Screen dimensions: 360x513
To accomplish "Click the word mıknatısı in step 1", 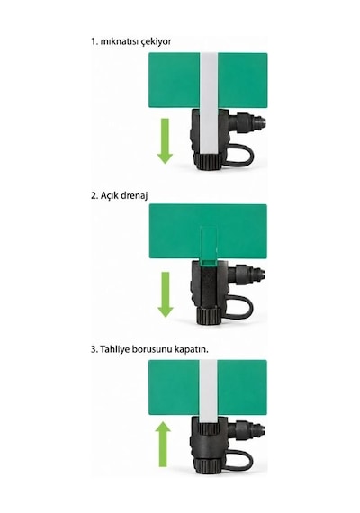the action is click(x=119, y=42).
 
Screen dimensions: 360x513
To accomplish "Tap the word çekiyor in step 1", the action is click(x=156, y=42).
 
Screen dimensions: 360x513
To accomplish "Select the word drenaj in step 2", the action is click(x=134, y=196).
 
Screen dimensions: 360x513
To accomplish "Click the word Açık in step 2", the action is click(x=109, y=196).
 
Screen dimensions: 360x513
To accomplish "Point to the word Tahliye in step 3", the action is click(x=115, y=349).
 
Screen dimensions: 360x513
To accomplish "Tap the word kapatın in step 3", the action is click(x=191, y=349).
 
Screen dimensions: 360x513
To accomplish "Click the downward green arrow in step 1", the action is click(x=165, y=141).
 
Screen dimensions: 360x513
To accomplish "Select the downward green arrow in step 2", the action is click(x=166, y=294).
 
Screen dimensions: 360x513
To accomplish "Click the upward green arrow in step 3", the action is click(x=163, y=444).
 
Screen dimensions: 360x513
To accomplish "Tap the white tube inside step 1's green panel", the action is click(x=209, y=80).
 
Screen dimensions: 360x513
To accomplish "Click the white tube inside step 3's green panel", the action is click(x=208, y=388).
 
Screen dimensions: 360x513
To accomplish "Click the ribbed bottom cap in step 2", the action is click(x=209, y=316).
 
